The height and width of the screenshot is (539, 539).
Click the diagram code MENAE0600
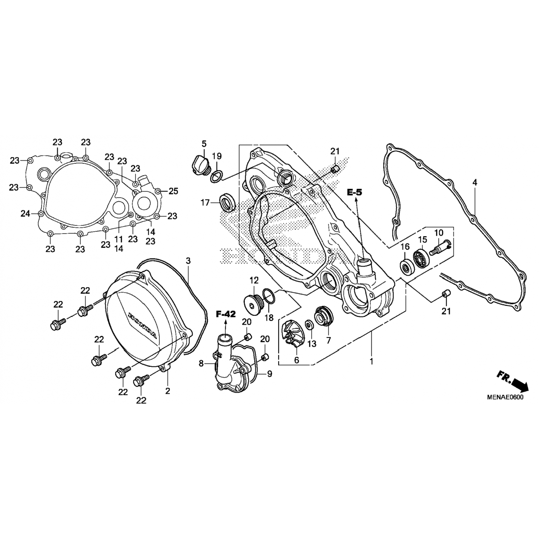pyautogui.click(x=505, y=397)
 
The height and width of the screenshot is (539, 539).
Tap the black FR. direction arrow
pyautogui.click(x=520, y=385)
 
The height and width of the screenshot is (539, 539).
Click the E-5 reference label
pyautogui.click(x=355, y=193)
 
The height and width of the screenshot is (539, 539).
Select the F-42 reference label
pyautogui.click(x=226, y=314)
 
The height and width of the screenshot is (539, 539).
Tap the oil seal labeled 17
pyautogui.click(x=228, y=203)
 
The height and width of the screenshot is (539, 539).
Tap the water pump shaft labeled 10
pyautogui.click(x=440, y=248)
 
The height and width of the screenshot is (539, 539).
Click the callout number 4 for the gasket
pyautogui.click(x=475, y=183)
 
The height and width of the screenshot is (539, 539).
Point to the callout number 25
pyautogui.click(x=173, y=191)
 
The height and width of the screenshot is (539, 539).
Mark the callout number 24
pyautogui.click(x=25, y=214)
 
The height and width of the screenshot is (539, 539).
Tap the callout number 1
pyautogui.click(x=372, y=361)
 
